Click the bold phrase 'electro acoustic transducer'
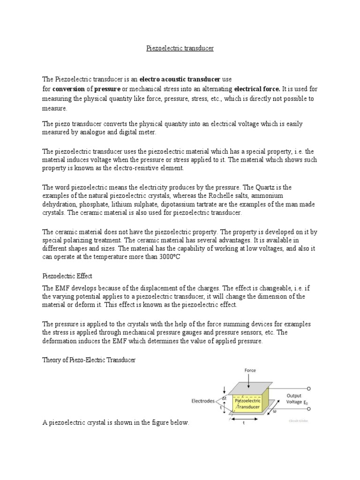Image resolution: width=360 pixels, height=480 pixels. tap(177, 79)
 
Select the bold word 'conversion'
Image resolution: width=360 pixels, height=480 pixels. tap(68, 89)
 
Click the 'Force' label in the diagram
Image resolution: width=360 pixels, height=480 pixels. tap(250, 370)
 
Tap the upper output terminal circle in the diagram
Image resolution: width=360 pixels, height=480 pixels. tap(308, 389)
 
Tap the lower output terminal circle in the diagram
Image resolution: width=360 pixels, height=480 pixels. tap(308, 414)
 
